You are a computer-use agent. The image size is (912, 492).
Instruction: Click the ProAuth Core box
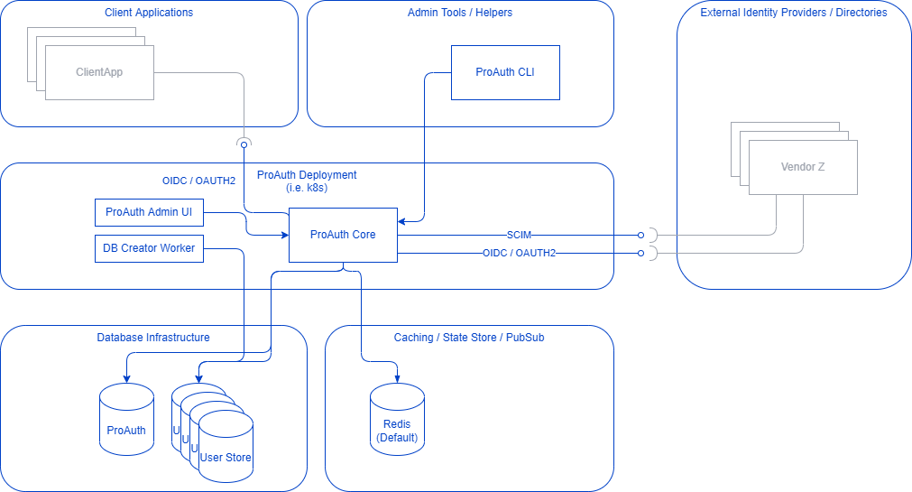click(343, 235)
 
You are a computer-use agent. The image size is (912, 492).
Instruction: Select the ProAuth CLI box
click(505, 72)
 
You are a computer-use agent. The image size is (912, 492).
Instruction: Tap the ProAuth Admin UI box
click(149, 212)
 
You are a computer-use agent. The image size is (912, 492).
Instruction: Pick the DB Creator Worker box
click(149, 248)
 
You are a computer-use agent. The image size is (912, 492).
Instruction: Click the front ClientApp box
click(99, 72)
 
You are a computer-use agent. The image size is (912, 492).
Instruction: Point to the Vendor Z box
click(803, 167)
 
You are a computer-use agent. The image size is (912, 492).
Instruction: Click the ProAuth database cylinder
click(126, 420)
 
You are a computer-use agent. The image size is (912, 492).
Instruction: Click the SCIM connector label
click(519, 235)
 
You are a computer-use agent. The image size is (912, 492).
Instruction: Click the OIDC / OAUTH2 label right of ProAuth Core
click(519, 254)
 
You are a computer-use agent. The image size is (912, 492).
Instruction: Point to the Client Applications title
click(149, 13)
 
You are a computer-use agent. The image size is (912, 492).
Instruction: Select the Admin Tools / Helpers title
click(460, 13)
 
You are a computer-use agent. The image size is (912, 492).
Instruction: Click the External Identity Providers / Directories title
click(794, 13)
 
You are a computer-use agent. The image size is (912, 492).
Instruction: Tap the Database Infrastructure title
click(153, 338)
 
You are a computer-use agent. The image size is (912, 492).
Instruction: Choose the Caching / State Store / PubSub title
click(469, 338)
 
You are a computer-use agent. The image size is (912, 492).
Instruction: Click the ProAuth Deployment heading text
click(307, 175)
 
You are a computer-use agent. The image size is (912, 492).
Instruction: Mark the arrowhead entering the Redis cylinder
click(397, 377)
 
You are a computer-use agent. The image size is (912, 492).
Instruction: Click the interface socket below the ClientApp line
click(243, 143)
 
